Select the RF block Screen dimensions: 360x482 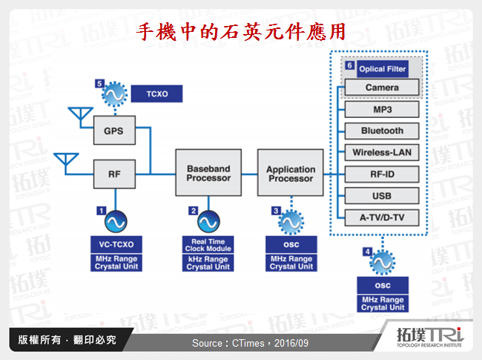click(113, 174)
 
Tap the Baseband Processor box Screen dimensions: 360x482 click(208, 174)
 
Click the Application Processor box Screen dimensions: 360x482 click(291, 174)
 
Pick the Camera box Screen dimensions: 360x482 click(382, 88)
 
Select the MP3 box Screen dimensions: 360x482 click(382, 109)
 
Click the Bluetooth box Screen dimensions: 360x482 click(382, 131)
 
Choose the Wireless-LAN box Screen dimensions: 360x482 click(382, 152)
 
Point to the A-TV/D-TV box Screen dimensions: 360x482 click(382, 217)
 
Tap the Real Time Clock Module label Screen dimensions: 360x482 click(208, 244)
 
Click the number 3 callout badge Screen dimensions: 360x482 click(276, 211)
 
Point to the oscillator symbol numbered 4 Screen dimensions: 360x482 click(382, 263)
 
